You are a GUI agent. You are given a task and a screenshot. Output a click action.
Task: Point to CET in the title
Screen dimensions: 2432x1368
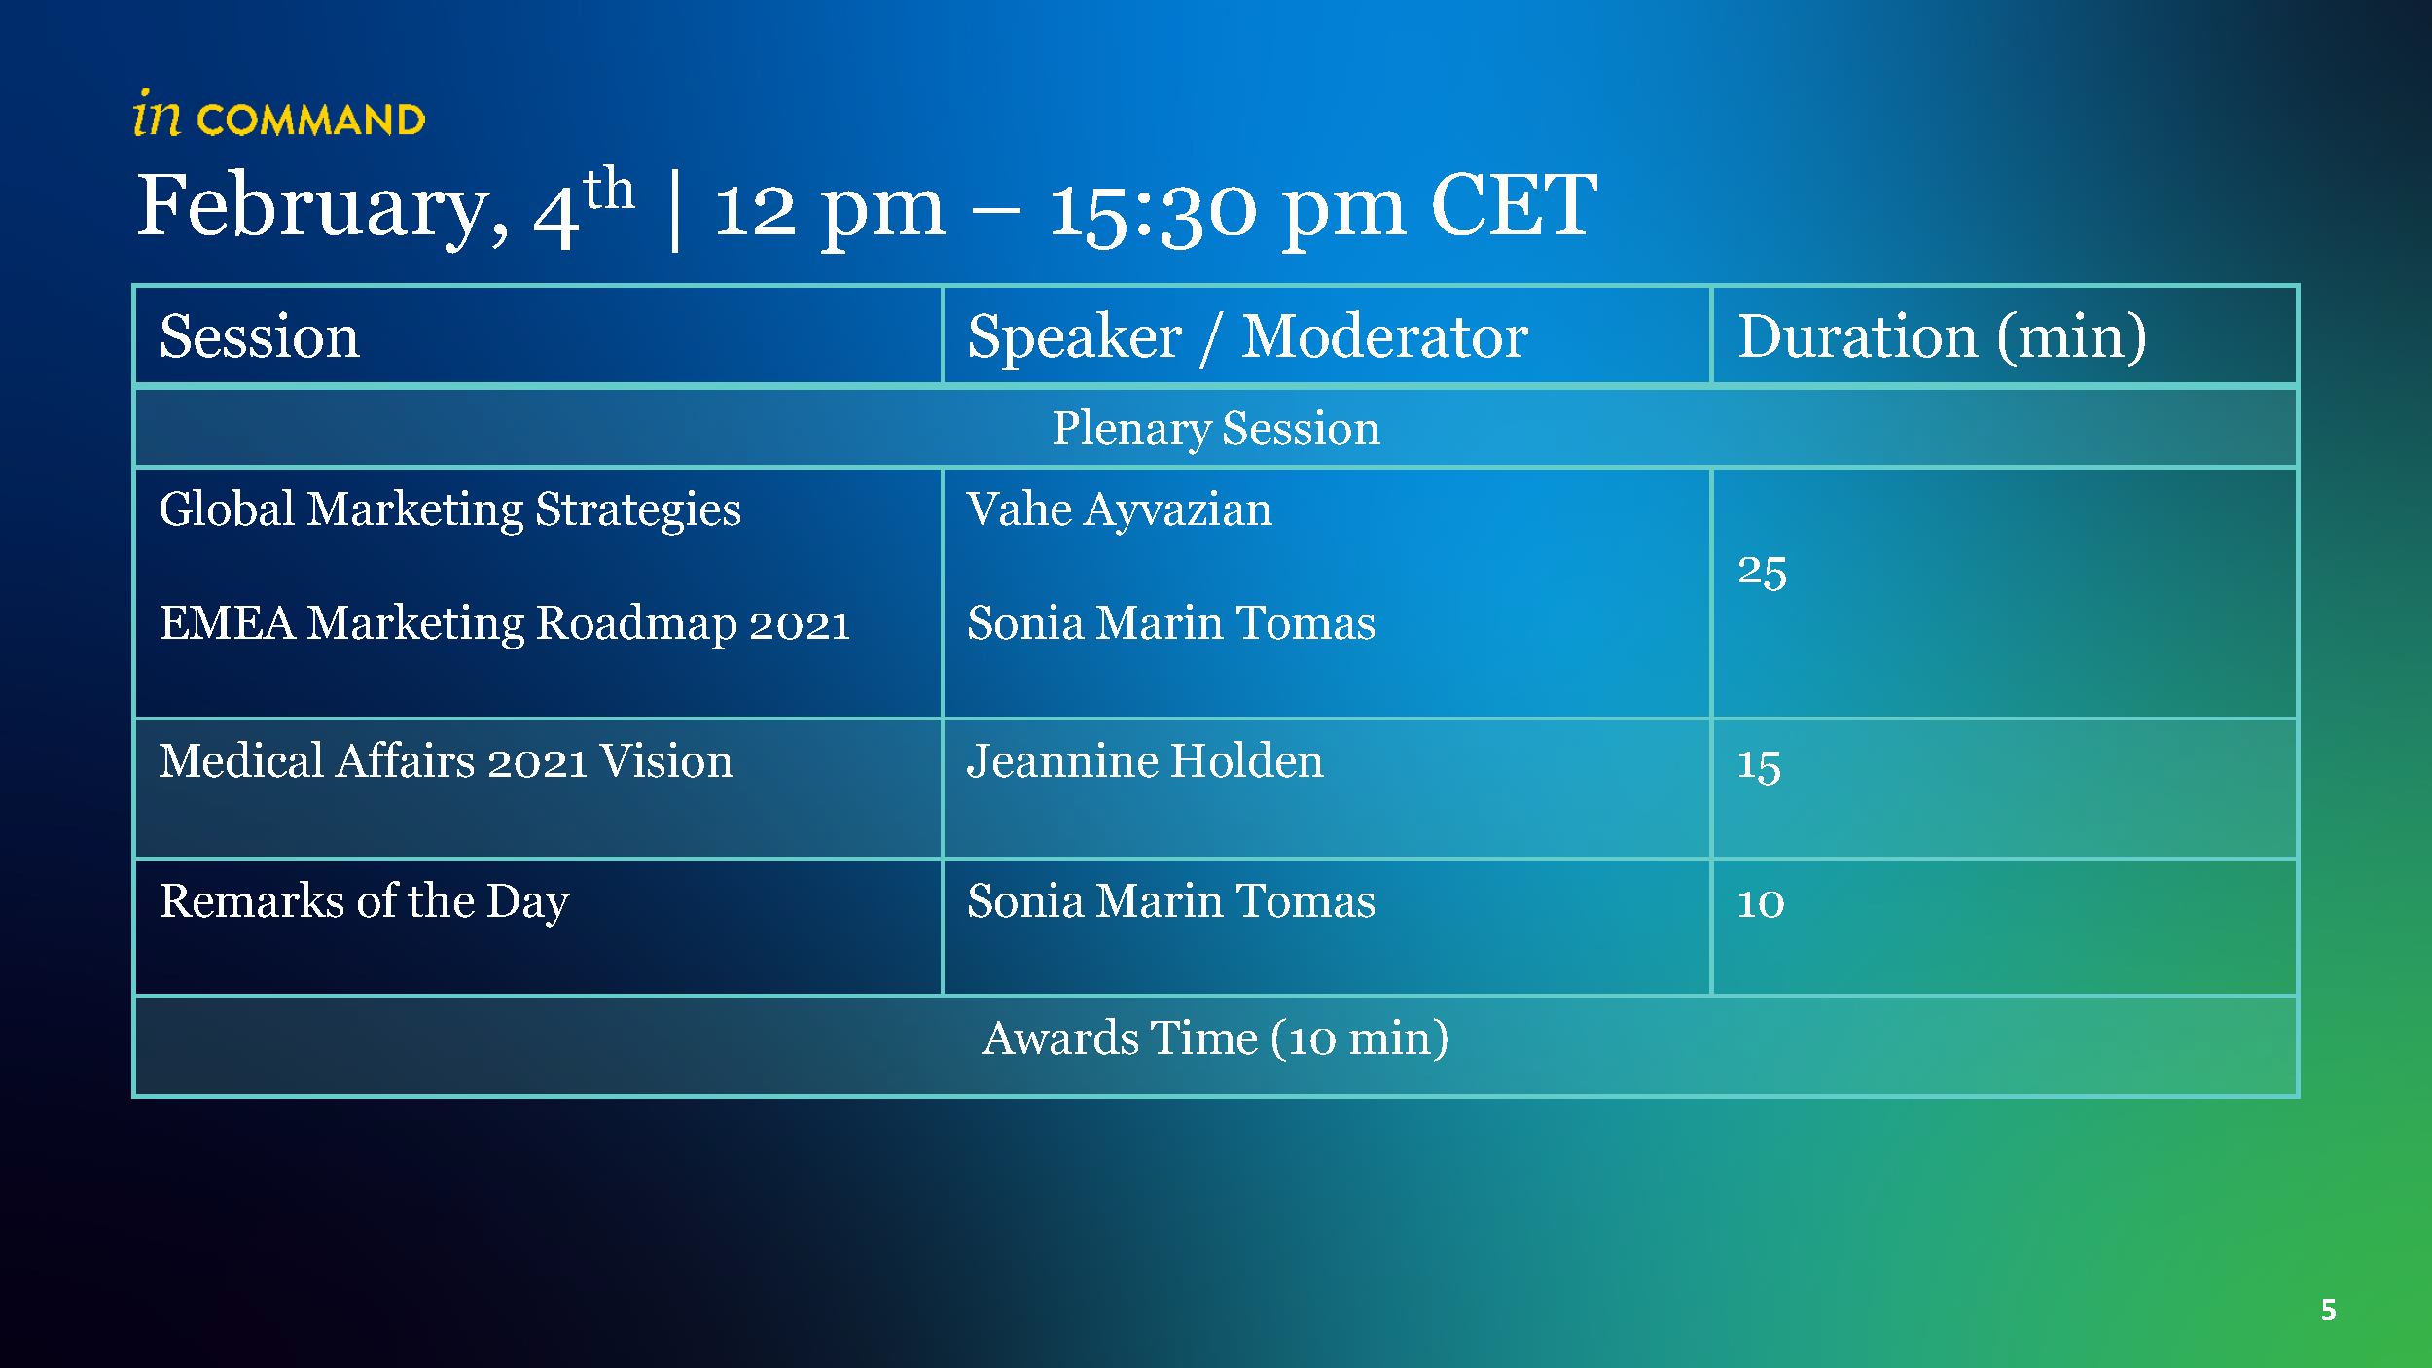(1514, 205)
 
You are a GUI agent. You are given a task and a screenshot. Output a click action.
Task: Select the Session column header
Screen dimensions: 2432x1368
(259, 336)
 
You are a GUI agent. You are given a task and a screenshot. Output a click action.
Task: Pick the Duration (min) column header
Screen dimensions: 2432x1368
(1942, 337)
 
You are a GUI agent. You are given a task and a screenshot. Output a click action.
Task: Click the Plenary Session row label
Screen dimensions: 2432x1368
(1216, 429)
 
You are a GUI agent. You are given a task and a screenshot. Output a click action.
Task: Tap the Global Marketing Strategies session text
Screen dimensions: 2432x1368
(450, 510)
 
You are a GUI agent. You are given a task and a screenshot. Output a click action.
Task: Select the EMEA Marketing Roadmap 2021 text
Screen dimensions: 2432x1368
(505, 624)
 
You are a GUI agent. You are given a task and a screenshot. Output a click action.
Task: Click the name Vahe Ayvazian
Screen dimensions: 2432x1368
(1119, 510)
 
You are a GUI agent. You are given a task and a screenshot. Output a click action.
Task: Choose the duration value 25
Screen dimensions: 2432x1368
(1762, 572)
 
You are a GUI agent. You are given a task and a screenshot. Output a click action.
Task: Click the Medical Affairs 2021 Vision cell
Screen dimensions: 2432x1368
(447, 761)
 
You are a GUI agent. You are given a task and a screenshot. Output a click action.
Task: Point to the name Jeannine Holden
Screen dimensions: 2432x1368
(1145, 761)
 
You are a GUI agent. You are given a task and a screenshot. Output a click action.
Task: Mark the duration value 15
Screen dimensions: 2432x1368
(1759, 765)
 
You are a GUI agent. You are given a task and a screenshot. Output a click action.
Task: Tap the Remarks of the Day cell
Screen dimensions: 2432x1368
(364, 901)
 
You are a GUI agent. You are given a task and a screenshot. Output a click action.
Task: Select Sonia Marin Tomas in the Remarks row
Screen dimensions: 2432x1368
(1171, 901)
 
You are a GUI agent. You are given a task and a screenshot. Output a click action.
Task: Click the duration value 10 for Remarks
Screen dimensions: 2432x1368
(1761, 903)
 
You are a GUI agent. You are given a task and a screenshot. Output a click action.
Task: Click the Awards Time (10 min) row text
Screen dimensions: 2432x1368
(1216, 1038)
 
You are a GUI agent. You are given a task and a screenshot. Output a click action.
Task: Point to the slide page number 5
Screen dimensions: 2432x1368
(2329, 1310)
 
